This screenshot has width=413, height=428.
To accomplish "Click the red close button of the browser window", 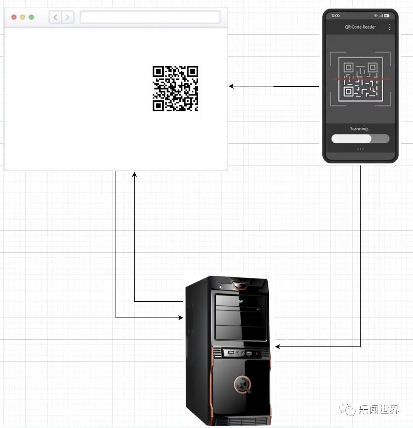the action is [x=14, y=17].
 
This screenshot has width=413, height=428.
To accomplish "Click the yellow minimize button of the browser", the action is [x=23, y=17].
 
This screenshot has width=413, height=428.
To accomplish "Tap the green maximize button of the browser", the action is [x=31, y=17].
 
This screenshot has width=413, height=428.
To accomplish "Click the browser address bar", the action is [x=150, y=17].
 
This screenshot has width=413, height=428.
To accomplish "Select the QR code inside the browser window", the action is [x=176, y=89].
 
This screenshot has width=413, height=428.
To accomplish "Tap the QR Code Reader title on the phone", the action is [x=360, y=27].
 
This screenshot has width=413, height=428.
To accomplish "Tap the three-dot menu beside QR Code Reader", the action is [x=389, y=27].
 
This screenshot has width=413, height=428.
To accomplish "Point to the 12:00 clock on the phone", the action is [x=335, y=16].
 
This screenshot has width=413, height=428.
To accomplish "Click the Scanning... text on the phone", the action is [x=360, y=129].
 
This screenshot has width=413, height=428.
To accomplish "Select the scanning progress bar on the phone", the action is [x=360, y=139].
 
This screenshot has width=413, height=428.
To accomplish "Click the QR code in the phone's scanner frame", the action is [x=360, y=79].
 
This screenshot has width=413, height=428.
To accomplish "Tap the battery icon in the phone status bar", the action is [x=387, y=16].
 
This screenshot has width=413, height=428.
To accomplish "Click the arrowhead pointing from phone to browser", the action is [x=231, y=86].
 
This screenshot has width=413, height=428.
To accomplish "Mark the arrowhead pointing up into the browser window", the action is [x=134, y=174].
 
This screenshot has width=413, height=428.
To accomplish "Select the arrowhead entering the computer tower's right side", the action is [x=278, y=347].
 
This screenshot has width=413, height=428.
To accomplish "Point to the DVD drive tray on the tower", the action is [x=241, y=302].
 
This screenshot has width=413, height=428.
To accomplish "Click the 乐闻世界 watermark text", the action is [x=379, y=410].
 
